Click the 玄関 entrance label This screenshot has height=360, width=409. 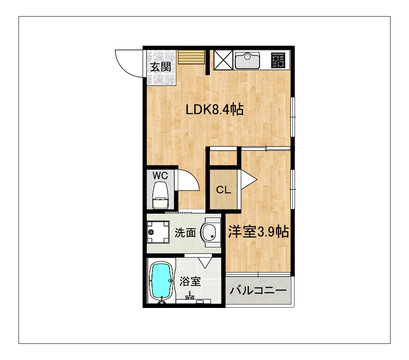coord(161,67)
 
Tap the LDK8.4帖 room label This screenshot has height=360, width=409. coord(215,110)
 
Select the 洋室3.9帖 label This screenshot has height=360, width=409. coord(258,232)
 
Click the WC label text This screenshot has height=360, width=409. coord(160,176)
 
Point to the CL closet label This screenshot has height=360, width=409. coord(224,190)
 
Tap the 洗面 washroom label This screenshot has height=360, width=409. coord(185,232)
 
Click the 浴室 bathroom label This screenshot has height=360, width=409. coord(190,281)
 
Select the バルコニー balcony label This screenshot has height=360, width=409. coord(258,290)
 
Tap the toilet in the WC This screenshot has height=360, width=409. coord(161,195)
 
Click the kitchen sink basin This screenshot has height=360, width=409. coord(247,61)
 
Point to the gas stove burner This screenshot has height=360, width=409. coord(278,60)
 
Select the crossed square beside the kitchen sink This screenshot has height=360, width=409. coord(223,60)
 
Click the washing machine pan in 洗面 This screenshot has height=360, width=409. coord(158,232)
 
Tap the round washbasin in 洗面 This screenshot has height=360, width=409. coord(210,232)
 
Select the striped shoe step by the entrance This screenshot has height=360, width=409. coord(191,57)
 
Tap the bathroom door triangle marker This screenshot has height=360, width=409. coord(205,263)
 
